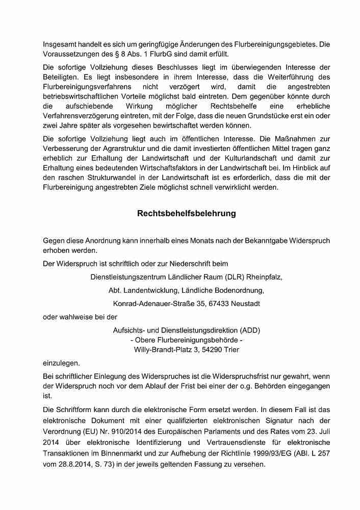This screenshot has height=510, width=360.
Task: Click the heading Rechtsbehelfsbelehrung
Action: [x=186, y=214]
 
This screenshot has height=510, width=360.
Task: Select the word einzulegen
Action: [x=61, y=363]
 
